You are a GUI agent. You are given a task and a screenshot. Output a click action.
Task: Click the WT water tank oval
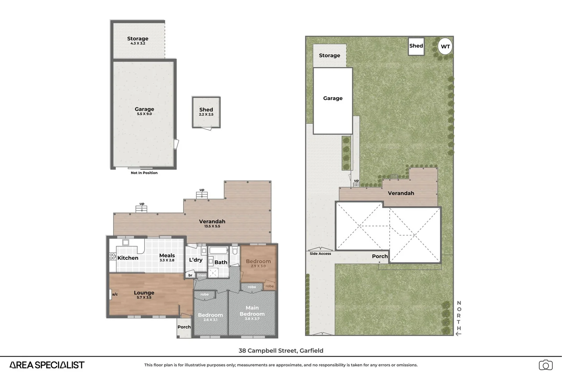point(445,46)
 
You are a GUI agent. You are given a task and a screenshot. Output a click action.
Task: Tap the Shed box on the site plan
point(416,46)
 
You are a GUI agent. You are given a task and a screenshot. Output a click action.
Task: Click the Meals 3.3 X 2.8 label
point(167,257)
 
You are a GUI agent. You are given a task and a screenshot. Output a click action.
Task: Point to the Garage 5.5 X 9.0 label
point(144,111)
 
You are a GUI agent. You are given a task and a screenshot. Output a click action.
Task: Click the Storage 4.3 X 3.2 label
point(138,40)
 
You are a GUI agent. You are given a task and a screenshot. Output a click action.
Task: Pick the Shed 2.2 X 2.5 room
point(206,112)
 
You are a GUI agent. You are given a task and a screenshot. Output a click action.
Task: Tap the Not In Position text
point(144,173)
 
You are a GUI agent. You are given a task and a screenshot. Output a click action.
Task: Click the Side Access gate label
point(320,253)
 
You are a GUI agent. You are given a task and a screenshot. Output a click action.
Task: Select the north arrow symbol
point(458,334)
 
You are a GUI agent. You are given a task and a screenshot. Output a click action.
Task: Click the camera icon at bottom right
point(545,365)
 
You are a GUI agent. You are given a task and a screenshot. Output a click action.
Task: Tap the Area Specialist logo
point(47,365)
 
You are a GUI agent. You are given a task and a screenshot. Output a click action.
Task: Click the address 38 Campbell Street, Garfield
point(281,350)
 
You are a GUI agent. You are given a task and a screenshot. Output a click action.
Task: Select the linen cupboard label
point(202,275)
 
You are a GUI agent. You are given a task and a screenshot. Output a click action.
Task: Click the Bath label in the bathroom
point(221,262)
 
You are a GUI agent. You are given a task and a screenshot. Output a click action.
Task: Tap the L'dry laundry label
point(196,260)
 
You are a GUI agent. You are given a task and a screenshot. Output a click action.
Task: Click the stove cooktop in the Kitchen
point(112,256)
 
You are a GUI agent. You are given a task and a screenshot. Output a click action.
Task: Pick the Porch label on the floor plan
point(184,327)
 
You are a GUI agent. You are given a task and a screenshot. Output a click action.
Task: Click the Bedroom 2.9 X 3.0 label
point(258,263)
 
